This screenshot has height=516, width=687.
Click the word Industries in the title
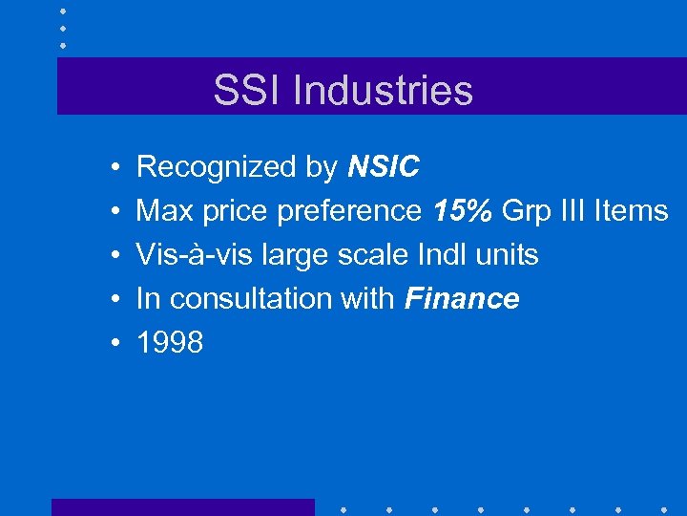click(383, 90)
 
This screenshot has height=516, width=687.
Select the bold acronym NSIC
click(384, 167)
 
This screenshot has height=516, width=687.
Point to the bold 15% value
click(463, 211)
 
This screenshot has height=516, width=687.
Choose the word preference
click(348, 212)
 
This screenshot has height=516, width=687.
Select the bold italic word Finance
click(462, 299)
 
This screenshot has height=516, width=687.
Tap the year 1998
click(170, 343)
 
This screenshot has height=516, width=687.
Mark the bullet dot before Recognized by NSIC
click(114, 168)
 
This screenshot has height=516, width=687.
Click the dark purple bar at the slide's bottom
click(182, 507)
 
